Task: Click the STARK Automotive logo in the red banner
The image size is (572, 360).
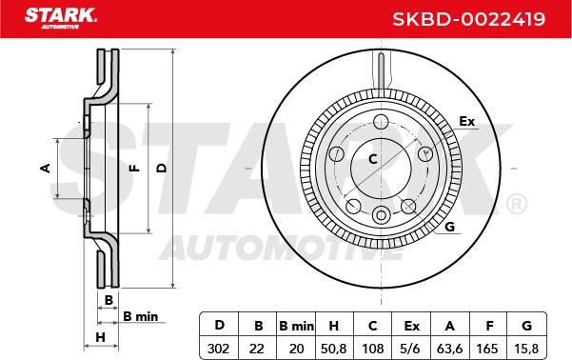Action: coord(61,18)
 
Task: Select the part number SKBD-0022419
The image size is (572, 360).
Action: coord(469,19)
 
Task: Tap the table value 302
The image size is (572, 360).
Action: coord(219,349)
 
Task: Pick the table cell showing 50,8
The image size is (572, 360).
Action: coord(333,349)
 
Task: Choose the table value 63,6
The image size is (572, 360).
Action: coord(449,349)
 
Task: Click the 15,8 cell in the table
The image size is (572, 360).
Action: coord(526,349)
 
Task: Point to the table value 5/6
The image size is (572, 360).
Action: coord(410,349)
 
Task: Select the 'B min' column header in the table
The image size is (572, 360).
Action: coord(296,326)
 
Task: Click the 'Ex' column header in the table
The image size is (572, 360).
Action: coord(411,326)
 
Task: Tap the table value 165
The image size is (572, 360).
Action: coord(487,349)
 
